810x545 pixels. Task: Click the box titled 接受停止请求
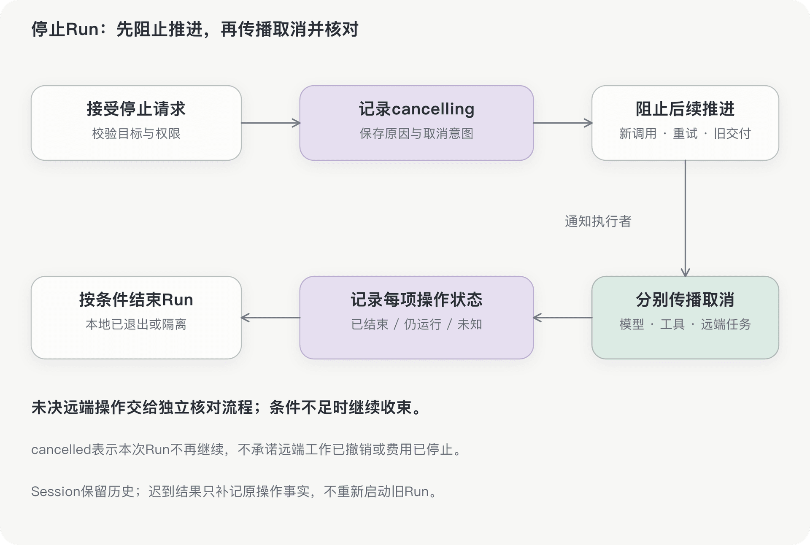coord(136,123)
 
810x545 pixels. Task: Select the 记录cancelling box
coord(416,123)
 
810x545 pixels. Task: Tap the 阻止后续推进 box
coord(685,123)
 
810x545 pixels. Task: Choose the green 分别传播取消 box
coord(685,318)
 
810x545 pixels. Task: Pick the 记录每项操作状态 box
coord(416,318)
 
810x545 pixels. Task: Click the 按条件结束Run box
coord(136,318)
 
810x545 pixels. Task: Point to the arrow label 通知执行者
coord(598,221)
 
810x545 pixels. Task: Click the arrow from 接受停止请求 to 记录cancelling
coord(270,123)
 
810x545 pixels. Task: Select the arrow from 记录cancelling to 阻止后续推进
coord(563,123)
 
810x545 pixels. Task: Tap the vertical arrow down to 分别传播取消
coord(685,219)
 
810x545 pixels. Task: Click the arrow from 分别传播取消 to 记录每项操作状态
coord(563,318)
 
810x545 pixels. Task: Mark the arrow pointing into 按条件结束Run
coord(270,318)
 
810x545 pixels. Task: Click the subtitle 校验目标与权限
coord(136,134)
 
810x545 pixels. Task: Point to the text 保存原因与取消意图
coord(416,134)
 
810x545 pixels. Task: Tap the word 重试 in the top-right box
coord(685,134)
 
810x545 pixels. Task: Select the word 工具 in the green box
coord(672,324)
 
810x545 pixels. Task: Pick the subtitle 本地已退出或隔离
coord(136,324)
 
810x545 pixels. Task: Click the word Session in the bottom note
coord(56,491)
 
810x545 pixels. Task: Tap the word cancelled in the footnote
coord(61,450)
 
